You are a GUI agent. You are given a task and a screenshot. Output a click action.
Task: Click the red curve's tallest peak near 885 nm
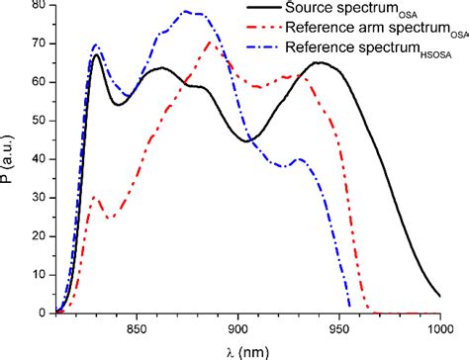tap(209, 42)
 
